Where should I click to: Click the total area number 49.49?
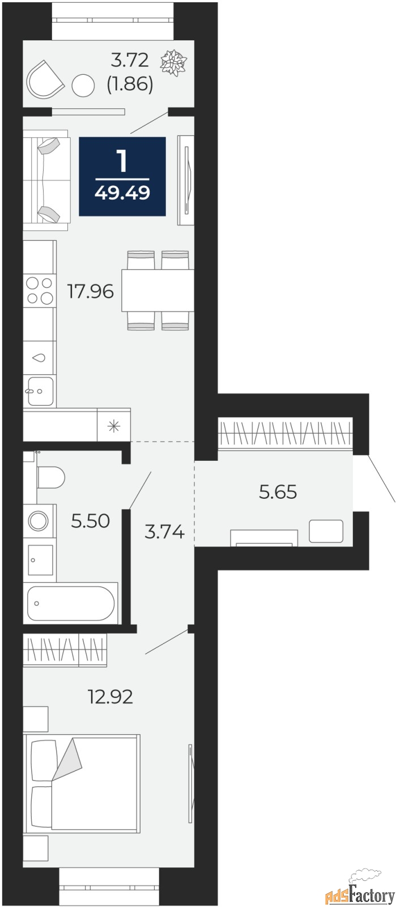[122, 193]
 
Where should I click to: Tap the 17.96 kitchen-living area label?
[91, 291]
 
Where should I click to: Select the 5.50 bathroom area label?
[90, 521]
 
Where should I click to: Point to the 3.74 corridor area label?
[165, 532]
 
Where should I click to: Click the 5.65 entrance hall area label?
[278, 492]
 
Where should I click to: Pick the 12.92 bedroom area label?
[110, 697]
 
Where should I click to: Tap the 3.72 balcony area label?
[130, 60]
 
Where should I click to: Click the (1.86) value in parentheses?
[130, 84]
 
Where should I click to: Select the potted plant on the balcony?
[174, 62]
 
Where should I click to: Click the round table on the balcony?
[83, 86]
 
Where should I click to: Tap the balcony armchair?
[45, 80]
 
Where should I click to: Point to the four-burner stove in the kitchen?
[40, 290]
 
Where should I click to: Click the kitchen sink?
[40, 391]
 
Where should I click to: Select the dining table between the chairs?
[157, 290]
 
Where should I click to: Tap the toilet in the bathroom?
[50, 477]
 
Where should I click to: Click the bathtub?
[71, 603]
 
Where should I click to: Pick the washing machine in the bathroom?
[39, 521]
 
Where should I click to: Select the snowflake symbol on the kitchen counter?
[114, 426]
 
